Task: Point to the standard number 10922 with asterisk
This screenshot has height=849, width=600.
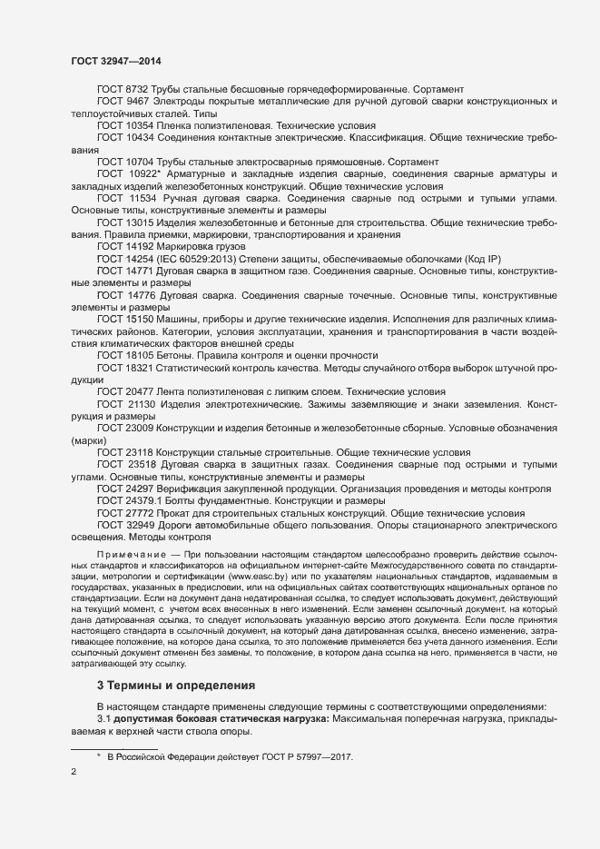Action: coord(148,173)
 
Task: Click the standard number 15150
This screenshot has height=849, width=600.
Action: coord(144,319)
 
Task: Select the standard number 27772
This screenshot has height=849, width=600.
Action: coord(144,512)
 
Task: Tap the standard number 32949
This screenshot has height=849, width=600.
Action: coord(144,525)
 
